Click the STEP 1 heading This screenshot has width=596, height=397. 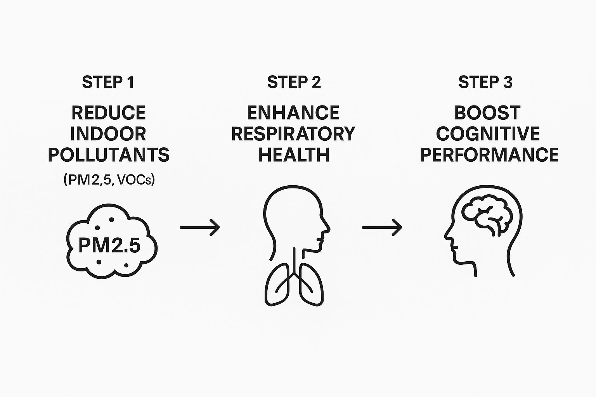point(108,82)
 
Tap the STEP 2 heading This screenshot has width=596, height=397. point(294,82)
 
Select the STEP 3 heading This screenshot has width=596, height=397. point(485,82)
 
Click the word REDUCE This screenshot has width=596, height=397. point(109,113)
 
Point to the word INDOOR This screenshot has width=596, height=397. point(108,134)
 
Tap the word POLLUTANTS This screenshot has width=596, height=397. point(109,155)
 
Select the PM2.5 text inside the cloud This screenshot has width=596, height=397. point(109,245)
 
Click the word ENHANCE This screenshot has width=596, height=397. point(293,113)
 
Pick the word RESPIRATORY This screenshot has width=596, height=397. point(293,134)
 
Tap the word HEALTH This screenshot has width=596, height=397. point(294,155)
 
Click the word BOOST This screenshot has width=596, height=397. point(487,113)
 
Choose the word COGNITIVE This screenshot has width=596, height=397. point(488,134)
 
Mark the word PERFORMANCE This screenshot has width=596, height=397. point(489,155)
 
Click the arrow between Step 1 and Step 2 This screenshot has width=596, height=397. point(200,227)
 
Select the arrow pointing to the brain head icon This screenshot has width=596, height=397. point(382,227)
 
